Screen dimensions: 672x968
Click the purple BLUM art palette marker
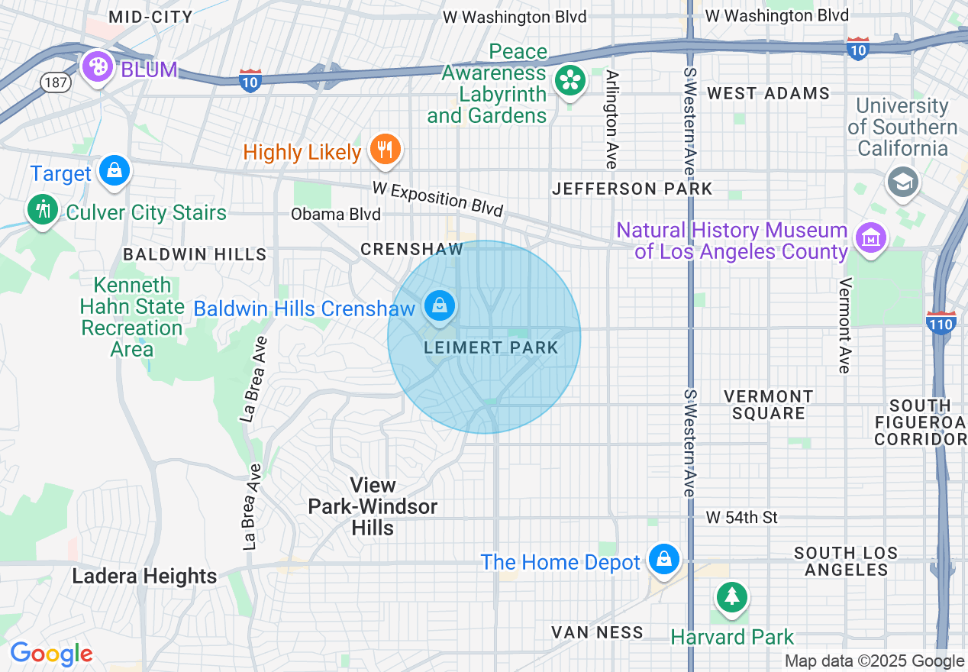98,67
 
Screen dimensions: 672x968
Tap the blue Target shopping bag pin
115,170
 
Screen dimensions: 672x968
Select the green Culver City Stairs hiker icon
43,208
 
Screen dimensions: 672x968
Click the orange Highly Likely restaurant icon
386,149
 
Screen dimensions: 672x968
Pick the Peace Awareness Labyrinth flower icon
570,80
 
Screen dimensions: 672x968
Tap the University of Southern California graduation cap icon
903,182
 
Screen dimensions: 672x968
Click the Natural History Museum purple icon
870,239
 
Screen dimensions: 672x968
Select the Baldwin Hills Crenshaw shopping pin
440,306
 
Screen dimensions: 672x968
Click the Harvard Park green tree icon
732,596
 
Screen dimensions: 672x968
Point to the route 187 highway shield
56,82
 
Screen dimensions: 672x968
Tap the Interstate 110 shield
941,324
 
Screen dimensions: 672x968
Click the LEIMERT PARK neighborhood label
491,348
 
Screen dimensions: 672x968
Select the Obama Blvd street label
335,215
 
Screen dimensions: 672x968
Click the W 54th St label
741,518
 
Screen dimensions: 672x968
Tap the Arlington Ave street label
611,119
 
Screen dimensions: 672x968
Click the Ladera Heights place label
144,577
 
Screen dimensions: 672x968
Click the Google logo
51,654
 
